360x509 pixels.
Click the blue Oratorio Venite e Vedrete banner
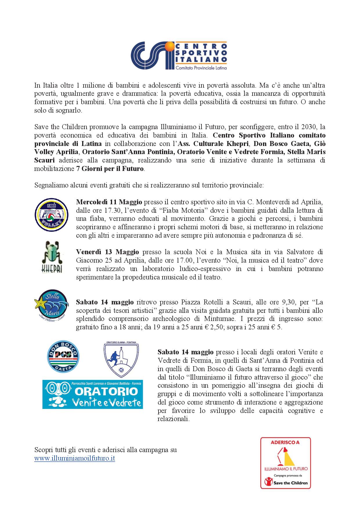[x=93, y=394]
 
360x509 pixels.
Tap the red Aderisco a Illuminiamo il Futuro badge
[x=285, y=463]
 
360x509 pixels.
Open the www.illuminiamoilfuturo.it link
[x=75, y=459]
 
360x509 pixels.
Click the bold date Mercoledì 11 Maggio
[x=109, y=202]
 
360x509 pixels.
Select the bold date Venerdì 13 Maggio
[x=107, y=252]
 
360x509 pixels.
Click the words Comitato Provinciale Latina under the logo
[x=201, y=68]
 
